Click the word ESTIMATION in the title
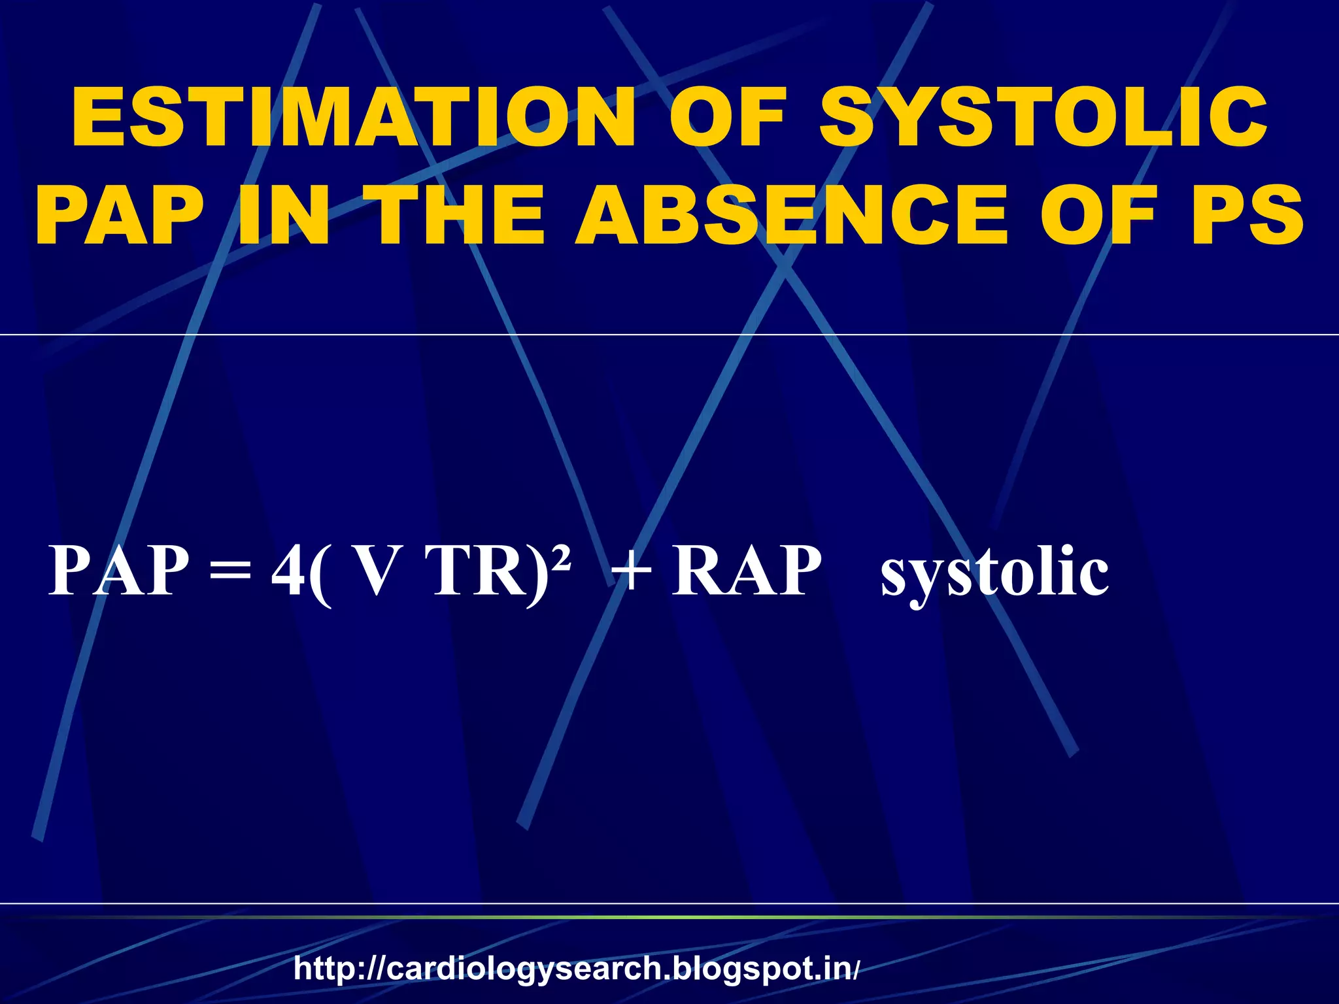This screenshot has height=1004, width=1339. (353, 119)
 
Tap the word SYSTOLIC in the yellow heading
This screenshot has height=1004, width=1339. (1044, 119)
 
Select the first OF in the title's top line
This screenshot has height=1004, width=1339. (727, 119)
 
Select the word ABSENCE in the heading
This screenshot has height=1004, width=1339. (791, 214)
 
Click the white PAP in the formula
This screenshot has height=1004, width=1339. (118, 571)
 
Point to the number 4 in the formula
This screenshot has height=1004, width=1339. (288, 571)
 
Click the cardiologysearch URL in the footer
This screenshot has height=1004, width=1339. (575, 968)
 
